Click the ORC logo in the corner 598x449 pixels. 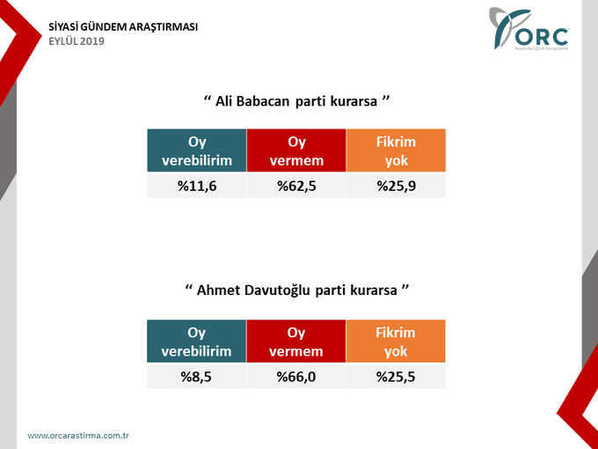click(533, 32)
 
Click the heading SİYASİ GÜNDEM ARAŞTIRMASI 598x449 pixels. click(122, 26)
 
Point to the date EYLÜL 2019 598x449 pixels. click(76, 41)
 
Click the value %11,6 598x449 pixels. click(196, 186)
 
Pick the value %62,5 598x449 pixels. click(296, 186)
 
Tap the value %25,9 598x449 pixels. click(396, 186)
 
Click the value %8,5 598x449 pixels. click(196, 377)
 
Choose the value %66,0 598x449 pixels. click(296, 377)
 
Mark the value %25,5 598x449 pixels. click(396, 377)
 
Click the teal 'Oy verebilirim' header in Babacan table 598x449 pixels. click(196, 151)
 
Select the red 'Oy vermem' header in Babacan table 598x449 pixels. click(296, 151)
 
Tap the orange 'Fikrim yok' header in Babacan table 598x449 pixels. click(396, 151)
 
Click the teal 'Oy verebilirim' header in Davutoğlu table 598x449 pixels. click(196, 342)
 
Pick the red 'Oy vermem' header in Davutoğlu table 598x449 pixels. click(296, 342)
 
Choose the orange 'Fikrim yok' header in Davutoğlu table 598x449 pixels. click(396, 342)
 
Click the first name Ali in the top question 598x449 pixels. click(226, 101)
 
